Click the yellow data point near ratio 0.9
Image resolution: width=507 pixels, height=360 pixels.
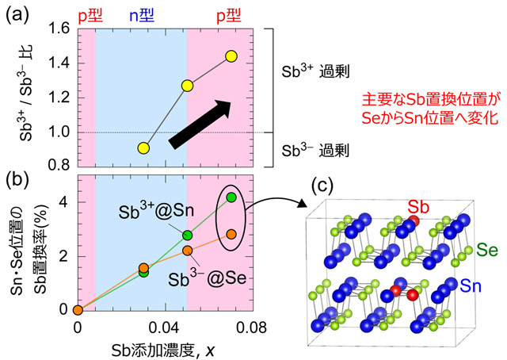[x=143, y=148]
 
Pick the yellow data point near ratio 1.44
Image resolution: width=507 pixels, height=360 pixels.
[x=231, y=56]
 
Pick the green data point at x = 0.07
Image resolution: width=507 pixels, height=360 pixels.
[x=231, y=197]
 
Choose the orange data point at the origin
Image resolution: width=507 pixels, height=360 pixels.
[x=77, y=310]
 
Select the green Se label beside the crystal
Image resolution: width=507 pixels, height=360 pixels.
[x=487, y=247]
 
